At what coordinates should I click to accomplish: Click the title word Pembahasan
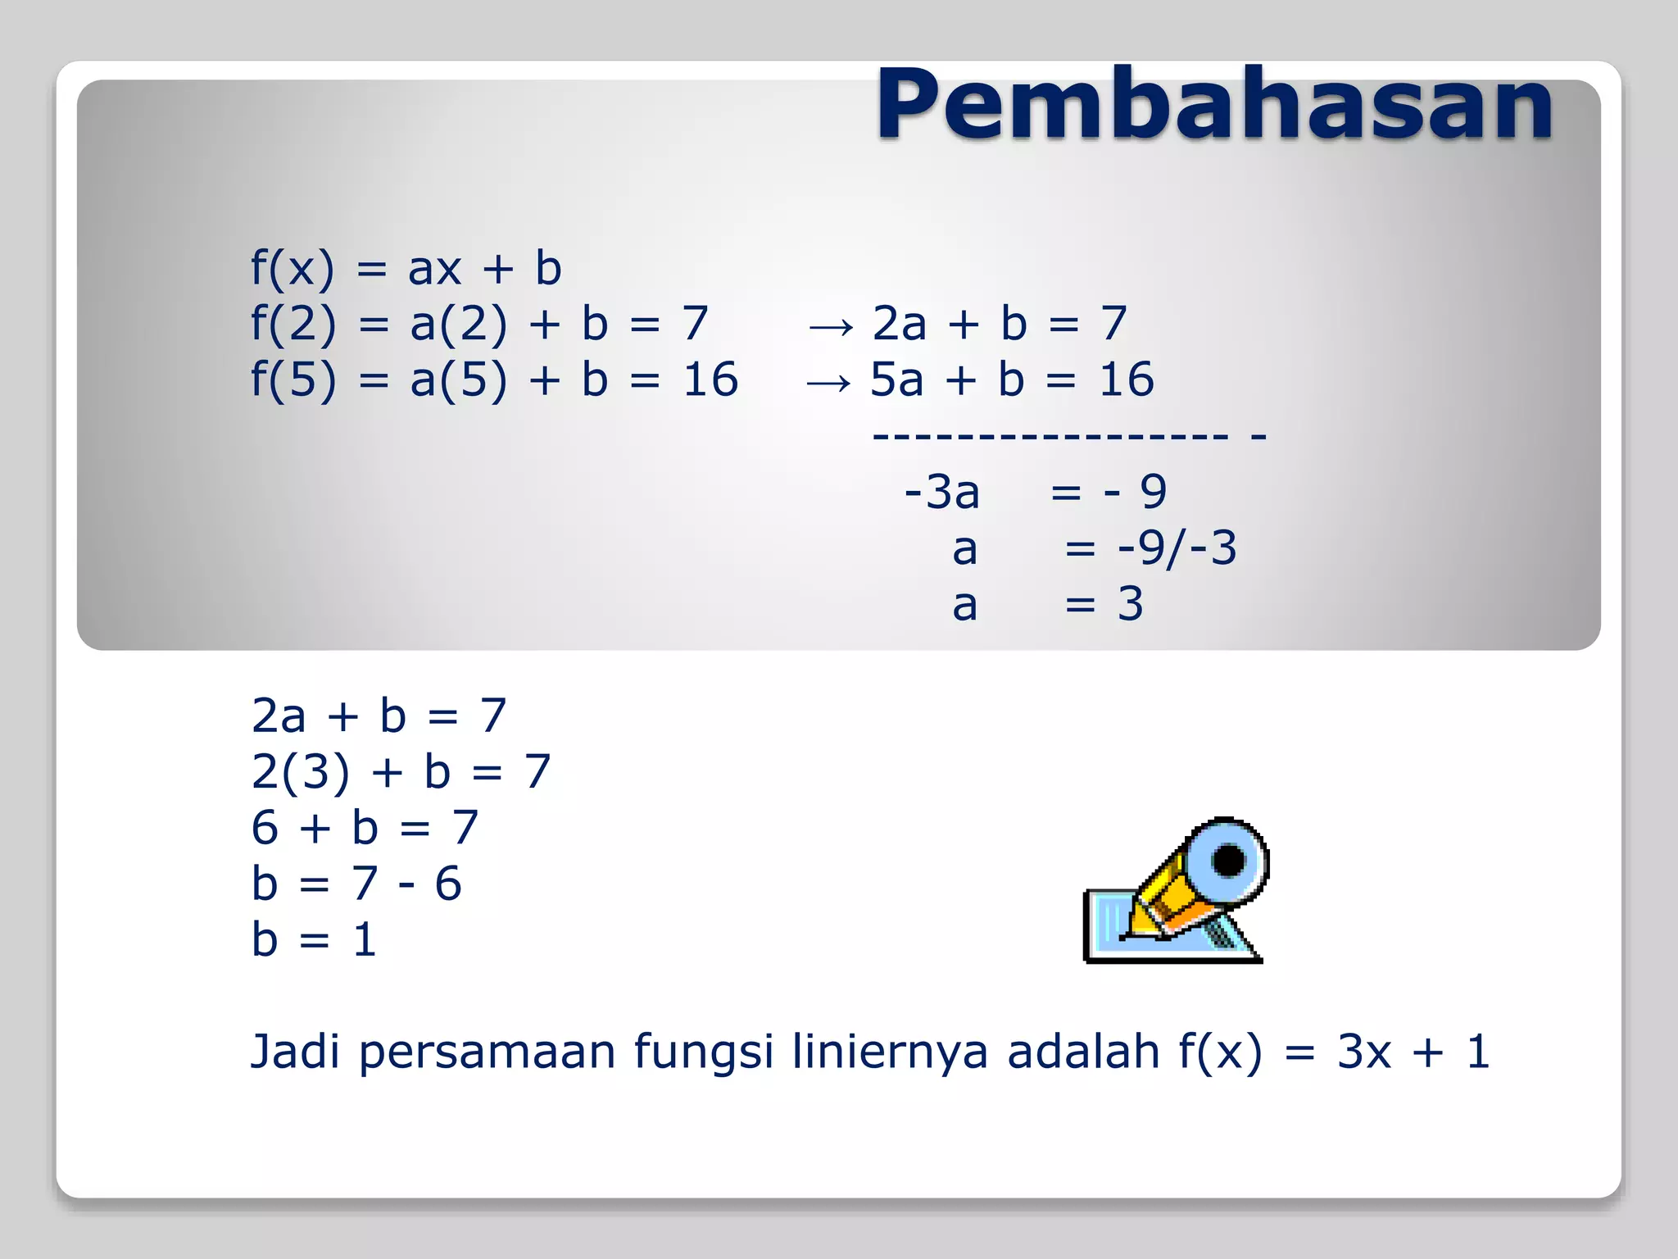click(1214, 105)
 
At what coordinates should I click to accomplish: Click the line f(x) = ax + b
click(406, 268)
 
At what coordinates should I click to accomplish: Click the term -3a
click(941, 492)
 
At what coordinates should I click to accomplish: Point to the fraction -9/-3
click(1177, 548)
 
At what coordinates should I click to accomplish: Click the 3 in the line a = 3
click(1130, 604)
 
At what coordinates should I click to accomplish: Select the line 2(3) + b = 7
click(401, 772)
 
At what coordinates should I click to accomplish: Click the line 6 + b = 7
click(365, 828)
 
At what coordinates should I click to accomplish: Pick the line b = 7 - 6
click(356, 884)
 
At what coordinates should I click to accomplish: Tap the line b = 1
click(314, 939)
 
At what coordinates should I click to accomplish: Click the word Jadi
click(294, 1052)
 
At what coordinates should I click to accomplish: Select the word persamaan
click(487, 1052)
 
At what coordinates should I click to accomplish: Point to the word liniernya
click(890, 1052)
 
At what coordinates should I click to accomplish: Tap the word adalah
click(1083, 1052)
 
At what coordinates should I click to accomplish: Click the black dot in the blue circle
click(1228, 861)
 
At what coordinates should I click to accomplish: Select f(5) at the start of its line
click(293, 380)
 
